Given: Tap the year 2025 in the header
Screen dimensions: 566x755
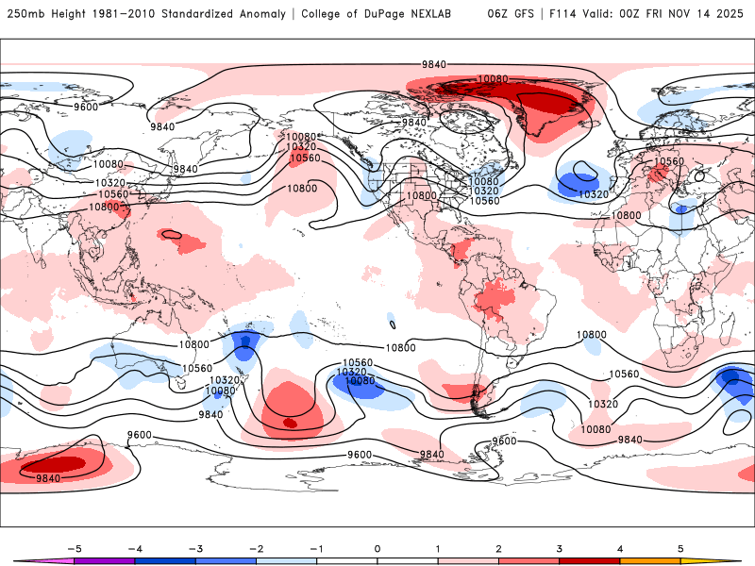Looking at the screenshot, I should [732, 14].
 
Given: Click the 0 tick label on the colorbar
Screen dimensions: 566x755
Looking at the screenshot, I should [377, 548].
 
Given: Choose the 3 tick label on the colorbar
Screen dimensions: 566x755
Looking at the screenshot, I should [560, 548].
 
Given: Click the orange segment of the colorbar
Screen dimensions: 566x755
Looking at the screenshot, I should [650, 561].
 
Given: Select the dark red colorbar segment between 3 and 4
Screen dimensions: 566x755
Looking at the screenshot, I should [590, 561].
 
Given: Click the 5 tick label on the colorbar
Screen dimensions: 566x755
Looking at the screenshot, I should [680, 548].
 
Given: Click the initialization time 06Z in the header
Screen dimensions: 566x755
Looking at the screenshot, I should [497, 14].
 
